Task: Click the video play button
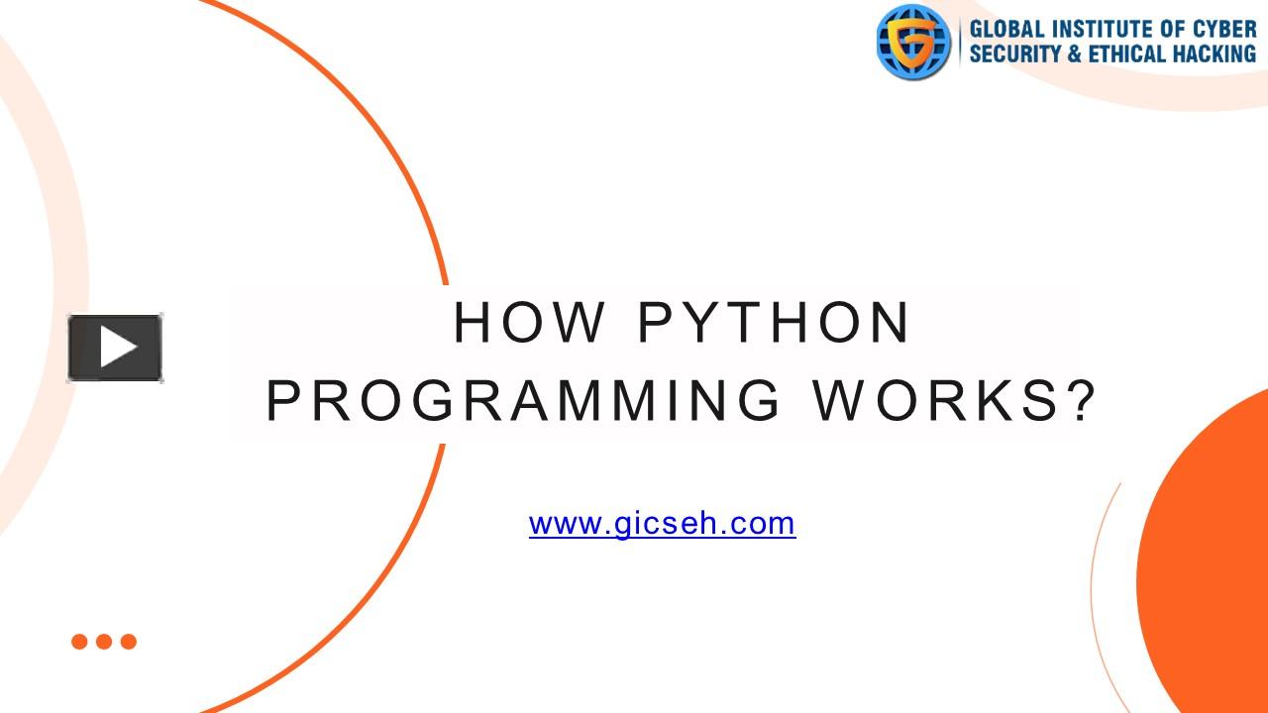pos(115,348)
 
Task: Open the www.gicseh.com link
pos(663,524)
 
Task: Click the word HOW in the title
pos(529,323)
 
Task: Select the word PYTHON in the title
pos(774,323)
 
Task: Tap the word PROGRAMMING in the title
pos(523,401)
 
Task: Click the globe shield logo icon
pos(913,42)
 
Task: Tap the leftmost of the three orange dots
pos(79,642)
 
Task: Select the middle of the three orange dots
pos(104,642)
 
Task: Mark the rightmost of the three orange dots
pos(129,642)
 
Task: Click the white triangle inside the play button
pos(118,347)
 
